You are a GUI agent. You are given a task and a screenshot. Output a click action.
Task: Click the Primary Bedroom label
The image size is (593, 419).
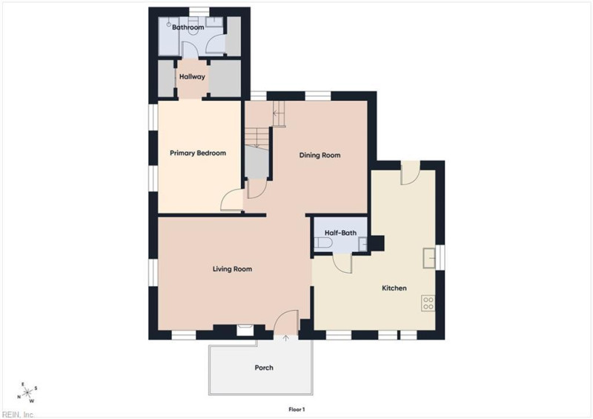pyautogui.click(x=198, y=154)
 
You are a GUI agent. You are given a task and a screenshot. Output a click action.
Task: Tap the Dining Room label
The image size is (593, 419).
pyautogui.click(x=319, y=155)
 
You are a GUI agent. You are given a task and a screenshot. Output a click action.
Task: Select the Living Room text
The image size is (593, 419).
pyautogui.click(x=232, y=269)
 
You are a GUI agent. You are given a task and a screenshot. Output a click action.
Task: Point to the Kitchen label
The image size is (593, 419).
pyautogui.click(x=394, y=288)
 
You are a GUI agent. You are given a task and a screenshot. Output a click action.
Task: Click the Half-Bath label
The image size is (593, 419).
pyautogui.click(x=340, y=233)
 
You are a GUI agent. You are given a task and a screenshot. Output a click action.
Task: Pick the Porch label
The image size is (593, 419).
pyautogui.click(x=264, y=368)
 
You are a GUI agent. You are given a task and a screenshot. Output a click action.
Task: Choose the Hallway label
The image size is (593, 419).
pyautogui.click(x=192, y=76)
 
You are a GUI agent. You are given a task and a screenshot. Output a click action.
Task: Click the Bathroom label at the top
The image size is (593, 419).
pyautogui.click(x=188, y=27)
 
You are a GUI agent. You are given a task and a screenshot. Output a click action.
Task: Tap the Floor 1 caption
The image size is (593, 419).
pyautogui.click(x=296, y=409)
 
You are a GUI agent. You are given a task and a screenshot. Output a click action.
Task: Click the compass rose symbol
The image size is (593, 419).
pyautogui.click(x=27, y=392)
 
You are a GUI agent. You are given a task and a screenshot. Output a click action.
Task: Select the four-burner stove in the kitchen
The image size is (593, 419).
pyautogui.click(x=428, y=303)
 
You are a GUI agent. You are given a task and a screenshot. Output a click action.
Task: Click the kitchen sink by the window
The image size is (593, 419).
pyautogui.click(x=429, y=258)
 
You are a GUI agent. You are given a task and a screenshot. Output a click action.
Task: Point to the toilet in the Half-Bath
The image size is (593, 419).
pyautogui.click(x=323, y=243)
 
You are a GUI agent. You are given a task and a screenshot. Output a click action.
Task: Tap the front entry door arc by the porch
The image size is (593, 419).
pyautogui.click(x=286, y=322)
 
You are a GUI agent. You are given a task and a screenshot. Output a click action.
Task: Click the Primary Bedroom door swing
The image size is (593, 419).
pyautogui.click(x=231, y=199)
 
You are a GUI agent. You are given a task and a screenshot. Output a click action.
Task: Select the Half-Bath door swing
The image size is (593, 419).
pyautogui.click(x=342, y=263)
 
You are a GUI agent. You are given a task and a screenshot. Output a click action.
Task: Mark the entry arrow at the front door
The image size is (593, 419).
pyautogui.click(x=286, y=338)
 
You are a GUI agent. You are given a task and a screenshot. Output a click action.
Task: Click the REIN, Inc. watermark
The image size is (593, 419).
pyautogui.click(x=17, y=415)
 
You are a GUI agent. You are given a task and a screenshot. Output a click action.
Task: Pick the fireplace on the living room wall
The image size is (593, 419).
pyautogui.click(x=245, y=330)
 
